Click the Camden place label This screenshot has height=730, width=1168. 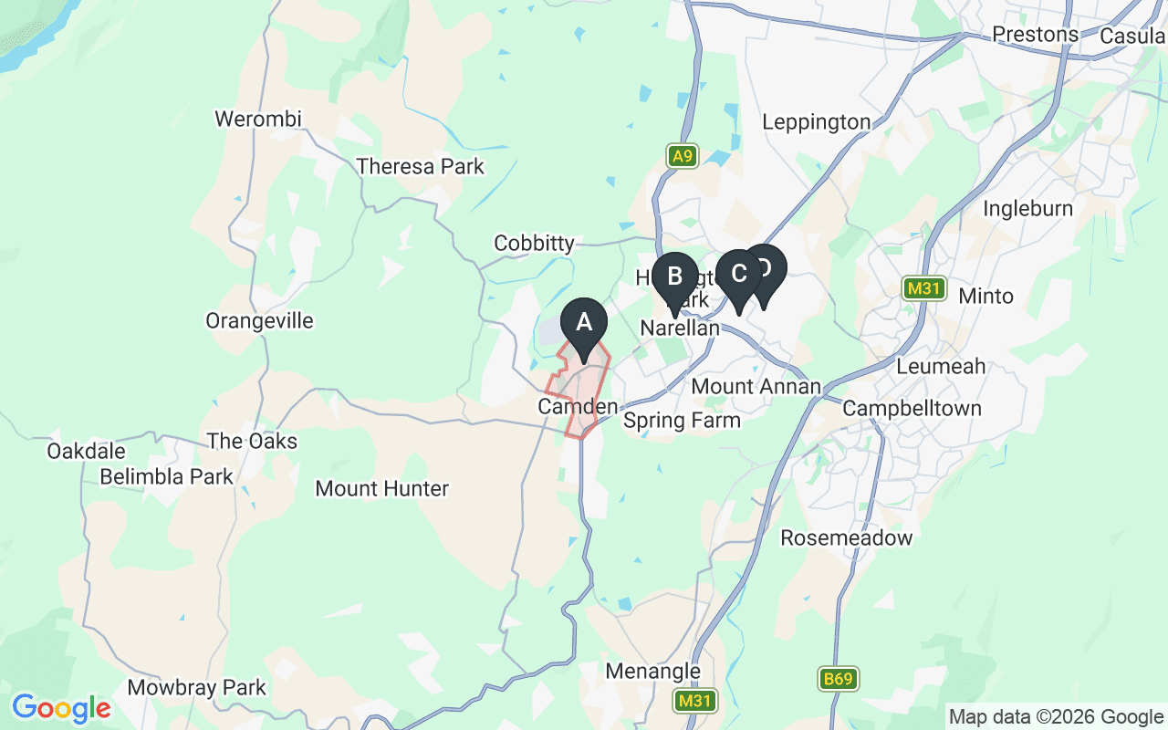(x=578, y=407)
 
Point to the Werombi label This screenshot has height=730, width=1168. (x=257, y=120)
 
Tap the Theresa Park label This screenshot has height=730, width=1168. (x=420, y=167)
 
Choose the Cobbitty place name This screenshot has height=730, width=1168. (x=534, y=244)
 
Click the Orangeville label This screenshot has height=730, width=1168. (x=259, y=321)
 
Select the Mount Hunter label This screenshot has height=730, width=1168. (x=381, y=489)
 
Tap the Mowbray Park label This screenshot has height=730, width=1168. (x=196, y=688)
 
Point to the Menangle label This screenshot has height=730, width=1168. (x=653, y=673)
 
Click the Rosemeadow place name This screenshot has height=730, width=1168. (x=846, y=538)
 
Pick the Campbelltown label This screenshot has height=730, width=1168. (x=912, y=408)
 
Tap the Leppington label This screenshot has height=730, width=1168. (x=816, y=122)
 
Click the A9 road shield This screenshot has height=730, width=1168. (x=682, y=156)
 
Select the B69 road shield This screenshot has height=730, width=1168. (x=837, y=679)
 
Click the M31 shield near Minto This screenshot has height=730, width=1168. (x=923, y=289)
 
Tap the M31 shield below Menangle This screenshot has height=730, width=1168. (x=695, y=701)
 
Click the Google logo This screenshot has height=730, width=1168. (x=61, y=708)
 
